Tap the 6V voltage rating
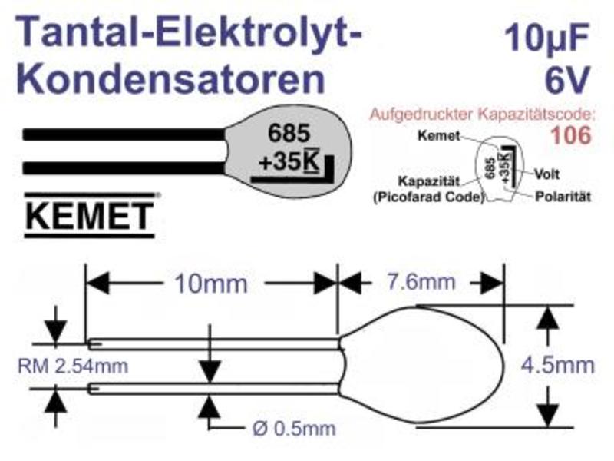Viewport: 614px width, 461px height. (567, 79)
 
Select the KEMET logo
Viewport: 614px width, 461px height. (90, 215)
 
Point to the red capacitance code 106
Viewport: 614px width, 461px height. (570, 135)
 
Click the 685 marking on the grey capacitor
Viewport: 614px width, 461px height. (289, 133)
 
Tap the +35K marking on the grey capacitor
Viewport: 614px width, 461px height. (289, 161)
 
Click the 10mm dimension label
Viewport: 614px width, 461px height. (210, 283)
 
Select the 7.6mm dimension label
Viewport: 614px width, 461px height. (421, 282)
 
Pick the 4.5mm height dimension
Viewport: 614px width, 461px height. (558, 365)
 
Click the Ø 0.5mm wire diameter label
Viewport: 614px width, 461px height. (294, 429)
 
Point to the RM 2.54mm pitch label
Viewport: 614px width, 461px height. (73, 366)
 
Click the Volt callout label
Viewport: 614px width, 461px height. (547, 174)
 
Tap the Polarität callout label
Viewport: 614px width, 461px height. (563, 197)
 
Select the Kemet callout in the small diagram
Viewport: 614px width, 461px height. (438, 136)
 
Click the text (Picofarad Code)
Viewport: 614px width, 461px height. (429, 197)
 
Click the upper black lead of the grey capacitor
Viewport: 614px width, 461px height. (124, 134)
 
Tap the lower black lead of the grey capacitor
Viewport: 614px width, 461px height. (124, 167)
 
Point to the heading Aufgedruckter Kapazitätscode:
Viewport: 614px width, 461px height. (482, 114)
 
